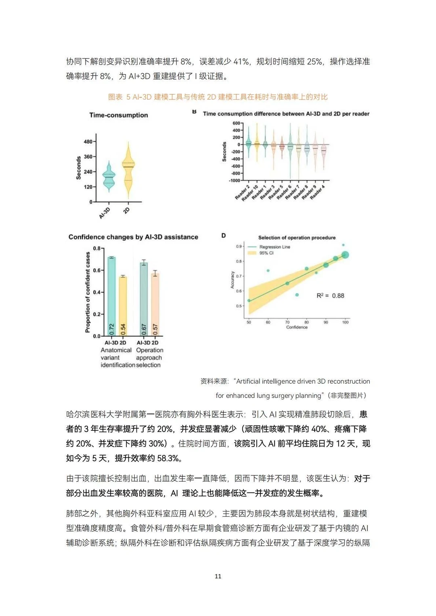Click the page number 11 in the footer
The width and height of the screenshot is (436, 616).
(x=218, y=576)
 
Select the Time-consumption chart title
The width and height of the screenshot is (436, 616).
(x=118, y=115)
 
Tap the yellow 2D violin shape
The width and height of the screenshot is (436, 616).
(x=128, y=169)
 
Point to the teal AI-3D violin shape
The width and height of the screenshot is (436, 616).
(x=109, y=177)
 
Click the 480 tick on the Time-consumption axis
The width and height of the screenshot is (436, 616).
(x=88, y=142)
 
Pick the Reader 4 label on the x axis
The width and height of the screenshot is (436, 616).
(x=318, y=192)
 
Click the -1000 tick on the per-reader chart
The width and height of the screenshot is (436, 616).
(x=235, y=180)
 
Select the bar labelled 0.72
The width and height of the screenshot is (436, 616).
(x=111, y=297)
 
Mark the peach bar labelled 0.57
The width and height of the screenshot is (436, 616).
(x=155, y=305)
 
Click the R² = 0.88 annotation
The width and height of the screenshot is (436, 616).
(x=330, y=296)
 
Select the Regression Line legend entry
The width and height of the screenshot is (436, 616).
(x=275, y=247)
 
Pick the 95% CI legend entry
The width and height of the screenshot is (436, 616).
(x=266, y=253)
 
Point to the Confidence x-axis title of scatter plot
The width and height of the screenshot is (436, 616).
(x=297, y=327)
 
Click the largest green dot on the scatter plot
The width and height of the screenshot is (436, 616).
(x=345, y=255)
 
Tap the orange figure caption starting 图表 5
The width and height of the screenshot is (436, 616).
(x=218, y=97)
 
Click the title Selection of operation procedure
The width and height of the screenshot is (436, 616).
(x=297, y=238)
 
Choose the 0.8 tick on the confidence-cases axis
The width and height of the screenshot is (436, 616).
(x=97, y=248)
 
